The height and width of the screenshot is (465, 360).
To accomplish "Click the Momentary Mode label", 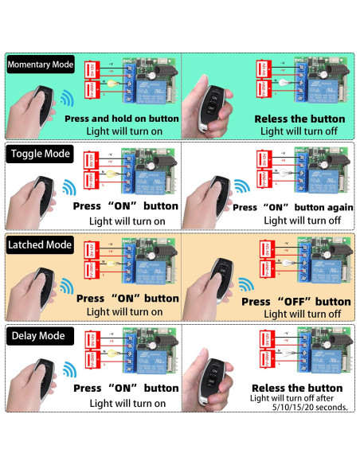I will (40, 63).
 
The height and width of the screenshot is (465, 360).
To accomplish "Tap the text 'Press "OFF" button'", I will (295, 302).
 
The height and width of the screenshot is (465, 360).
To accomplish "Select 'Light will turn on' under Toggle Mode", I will (127, 221).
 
